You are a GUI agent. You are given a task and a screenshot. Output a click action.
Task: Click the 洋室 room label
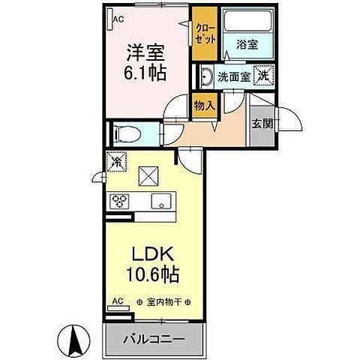pos(145,54)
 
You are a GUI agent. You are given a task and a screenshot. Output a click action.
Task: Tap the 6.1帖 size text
pos(145,73)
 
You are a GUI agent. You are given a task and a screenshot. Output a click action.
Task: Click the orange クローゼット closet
pos(203,33)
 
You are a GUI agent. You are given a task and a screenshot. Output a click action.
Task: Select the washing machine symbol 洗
pos(263,74)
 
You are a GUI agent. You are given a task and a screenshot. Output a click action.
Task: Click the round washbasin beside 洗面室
pos(205,75)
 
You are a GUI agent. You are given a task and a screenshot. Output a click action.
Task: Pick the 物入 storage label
pos(204,106)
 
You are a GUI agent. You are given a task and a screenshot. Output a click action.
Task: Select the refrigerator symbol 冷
pos(117,160)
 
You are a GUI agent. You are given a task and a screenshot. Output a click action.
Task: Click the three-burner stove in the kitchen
pos(120,200)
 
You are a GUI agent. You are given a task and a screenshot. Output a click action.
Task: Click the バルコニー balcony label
pos(155,339)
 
